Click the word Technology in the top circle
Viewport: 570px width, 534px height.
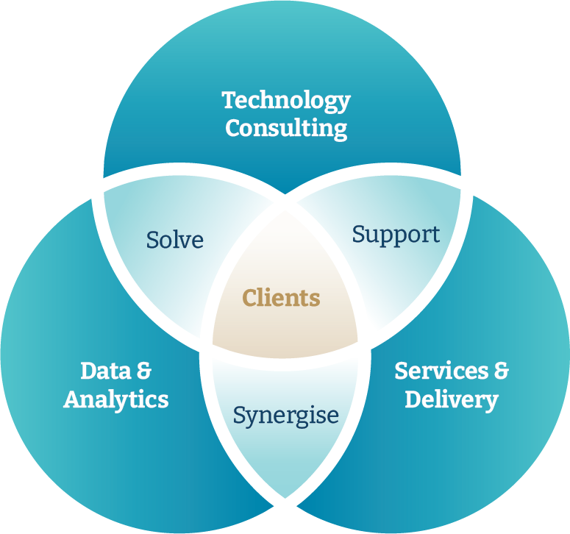point(286,101)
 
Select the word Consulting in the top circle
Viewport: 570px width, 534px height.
point(286,129)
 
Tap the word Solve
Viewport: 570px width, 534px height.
point(174,240)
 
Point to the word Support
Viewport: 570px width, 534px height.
point(396,235)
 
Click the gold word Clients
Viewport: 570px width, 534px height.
point(281,298)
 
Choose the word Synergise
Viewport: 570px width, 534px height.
point(285,416)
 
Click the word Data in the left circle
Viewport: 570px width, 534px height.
point(100,371)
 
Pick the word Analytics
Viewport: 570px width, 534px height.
point(116,399)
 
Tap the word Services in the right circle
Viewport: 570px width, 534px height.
point(437,371)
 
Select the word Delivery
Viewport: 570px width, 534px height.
point(452,400)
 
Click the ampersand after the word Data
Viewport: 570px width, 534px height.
point(143,371)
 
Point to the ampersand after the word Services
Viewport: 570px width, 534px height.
point(499,371)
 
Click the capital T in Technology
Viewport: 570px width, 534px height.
point(228,100)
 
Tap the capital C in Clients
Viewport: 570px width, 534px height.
point(249,298)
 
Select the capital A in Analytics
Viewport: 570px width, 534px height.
point(72,399)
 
